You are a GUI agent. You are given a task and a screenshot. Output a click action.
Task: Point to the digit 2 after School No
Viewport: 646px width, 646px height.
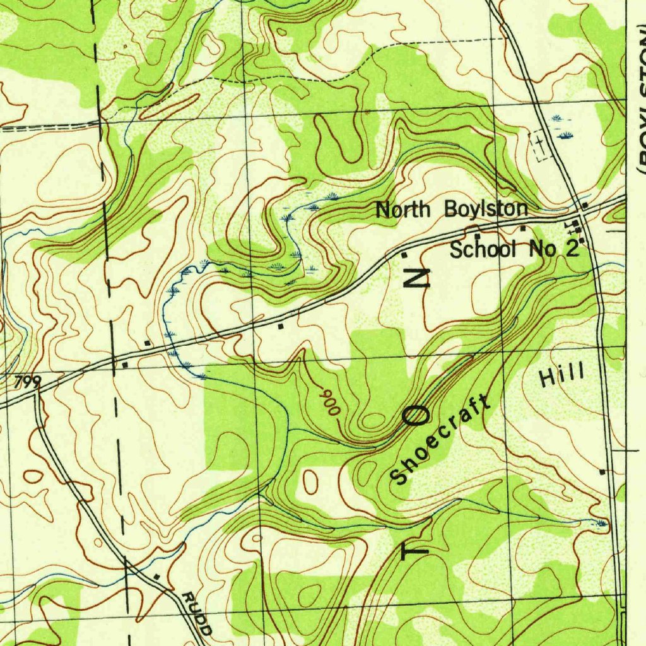pos(572,249)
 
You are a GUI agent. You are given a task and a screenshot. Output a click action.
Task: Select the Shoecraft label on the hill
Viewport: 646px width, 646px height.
pos(440,439)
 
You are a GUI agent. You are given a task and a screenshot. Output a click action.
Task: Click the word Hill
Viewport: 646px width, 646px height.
pos(562,377)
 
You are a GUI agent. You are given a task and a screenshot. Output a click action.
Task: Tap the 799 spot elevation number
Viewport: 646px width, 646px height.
pos(27,381)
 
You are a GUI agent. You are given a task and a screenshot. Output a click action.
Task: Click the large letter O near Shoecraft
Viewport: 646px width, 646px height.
pos(418,415)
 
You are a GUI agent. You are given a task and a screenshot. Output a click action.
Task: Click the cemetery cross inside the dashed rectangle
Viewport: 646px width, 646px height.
pos(539,144)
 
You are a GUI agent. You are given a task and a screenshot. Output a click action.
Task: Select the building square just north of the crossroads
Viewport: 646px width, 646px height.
pos(585,205)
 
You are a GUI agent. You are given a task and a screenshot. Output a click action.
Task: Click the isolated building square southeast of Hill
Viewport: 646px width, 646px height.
pos(602,471)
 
